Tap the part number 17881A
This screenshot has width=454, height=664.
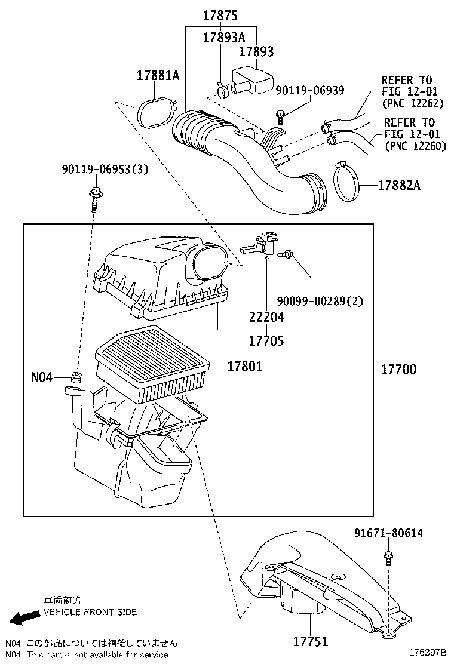pyautogui.click(x=158, y=76)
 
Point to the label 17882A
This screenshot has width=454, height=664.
pyautogui.click(x=398, y=186)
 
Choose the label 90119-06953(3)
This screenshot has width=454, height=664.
pyautogui.click(x=105, y=170)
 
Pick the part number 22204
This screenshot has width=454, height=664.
pyautogui.click(x=266, y=318)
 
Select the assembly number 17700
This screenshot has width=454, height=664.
pyautogui.click(x=398, y=370)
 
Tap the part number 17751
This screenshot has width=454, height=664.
pyautogui.click(x=310, y=642)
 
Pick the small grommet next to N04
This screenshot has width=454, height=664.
pyautogui.click(x=75, y=377)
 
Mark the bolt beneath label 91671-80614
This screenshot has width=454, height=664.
pyautogui.click(x=388, y=557)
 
